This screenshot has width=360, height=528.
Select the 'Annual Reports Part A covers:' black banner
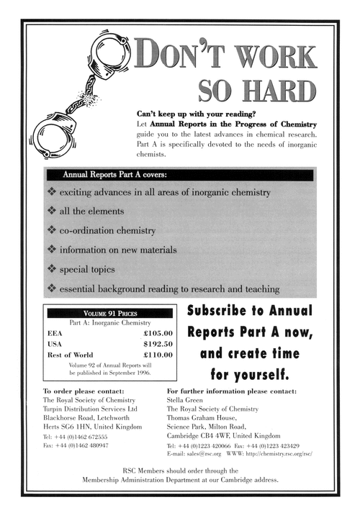(x=180, y=175)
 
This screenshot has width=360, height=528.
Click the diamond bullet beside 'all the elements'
(x=51, y=212)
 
